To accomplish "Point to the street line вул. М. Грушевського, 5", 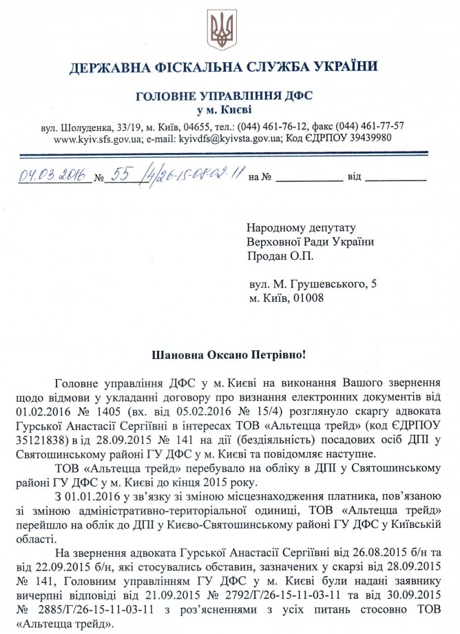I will [x=313, y=283].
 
